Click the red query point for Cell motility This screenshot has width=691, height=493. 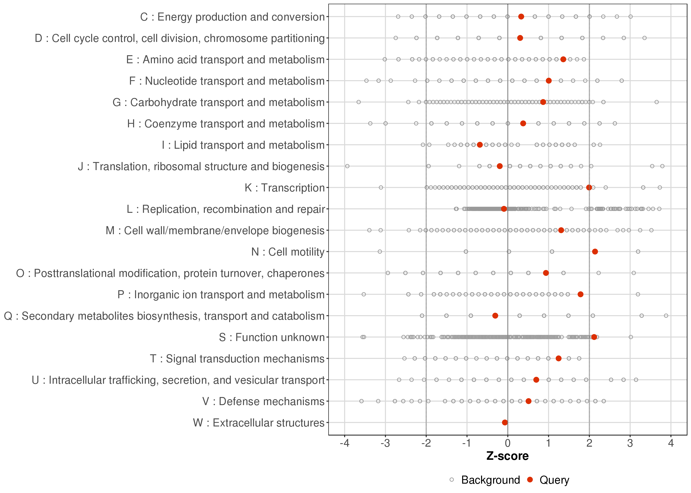point(595,251)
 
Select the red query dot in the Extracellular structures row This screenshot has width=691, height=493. point(505,422)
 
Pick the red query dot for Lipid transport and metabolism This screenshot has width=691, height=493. point(480,145)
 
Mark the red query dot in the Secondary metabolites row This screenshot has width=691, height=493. point(495,316)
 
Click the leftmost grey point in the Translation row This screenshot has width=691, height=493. point(347,166)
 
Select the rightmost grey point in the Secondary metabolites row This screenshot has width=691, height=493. point(666,316)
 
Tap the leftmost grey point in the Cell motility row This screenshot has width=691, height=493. point(380,251)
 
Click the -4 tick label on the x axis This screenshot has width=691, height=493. point(344,444)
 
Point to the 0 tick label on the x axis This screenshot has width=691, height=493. point(507,444)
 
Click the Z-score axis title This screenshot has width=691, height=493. point(507,456)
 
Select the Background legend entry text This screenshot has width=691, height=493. point(490,480)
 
